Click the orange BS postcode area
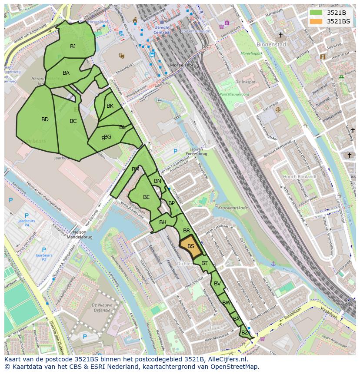tap(190, 246)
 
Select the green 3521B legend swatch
tap(317, 13)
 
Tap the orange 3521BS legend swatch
tap(317, 21)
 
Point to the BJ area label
tap(73, 46)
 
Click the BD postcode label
tap(45, 119)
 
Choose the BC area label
tap(73, 121)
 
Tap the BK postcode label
tap(110, 106)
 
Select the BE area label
tap(147, 197)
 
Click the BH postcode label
tap(163, 222)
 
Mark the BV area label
tap(217, 284)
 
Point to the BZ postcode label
tap(244, 333)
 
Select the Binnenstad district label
tap(271, 44)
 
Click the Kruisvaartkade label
tap(233, 208)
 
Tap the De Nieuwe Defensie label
tap(102, 308)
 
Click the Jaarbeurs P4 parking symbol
tap(27, 215)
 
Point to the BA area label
tap(66, 73)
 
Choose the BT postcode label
tap(204, 263)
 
